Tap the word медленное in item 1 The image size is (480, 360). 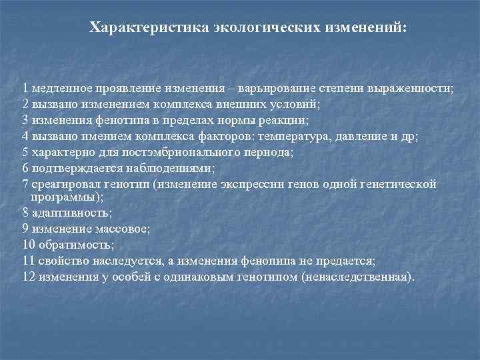coord(59,89)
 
